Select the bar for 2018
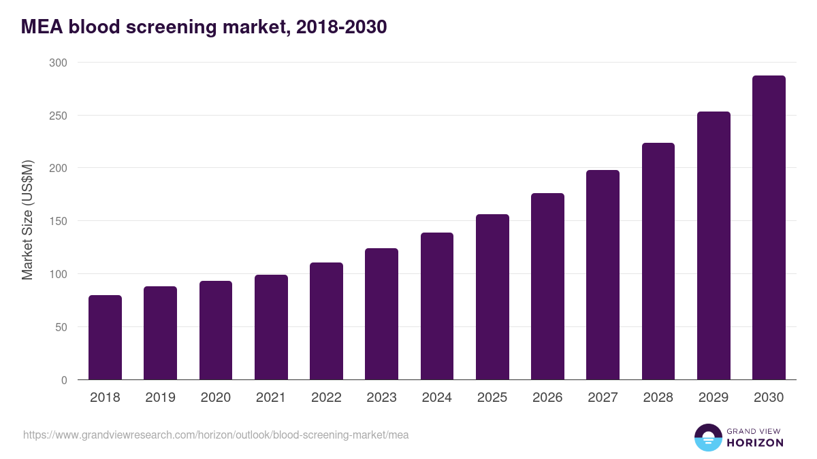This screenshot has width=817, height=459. point(106,337)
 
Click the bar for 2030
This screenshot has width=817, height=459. point(769,228)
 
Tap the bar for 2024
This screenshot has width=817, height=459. point(437,306)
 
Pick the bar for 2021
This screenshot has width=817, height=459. point(271,327)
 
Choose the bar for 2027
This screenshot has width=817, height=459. point(603,275)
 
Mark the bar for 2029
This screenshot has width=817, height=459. point(714,245)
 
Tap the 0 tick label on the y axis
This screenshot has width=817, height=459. point(63,380)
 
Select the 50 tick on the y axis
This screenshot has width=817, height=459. point(61,327)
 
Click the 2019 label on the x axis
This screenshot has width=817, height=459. point(160,398)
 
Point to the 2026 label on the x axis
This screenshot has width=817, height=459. point(547,398)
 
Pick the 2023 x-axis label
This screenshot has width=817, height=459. point(381,398)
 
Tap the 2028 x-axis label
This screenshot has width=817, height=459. point(658,398)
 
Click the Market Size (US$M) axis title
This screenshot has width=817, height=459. point(27,220)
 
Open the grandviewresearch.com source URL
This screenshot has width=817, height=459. point(216,435)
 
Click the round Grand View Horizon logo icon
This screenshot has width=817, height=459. point(708,437)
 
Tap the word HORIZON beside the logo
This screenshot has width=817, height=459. point(756,443)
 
